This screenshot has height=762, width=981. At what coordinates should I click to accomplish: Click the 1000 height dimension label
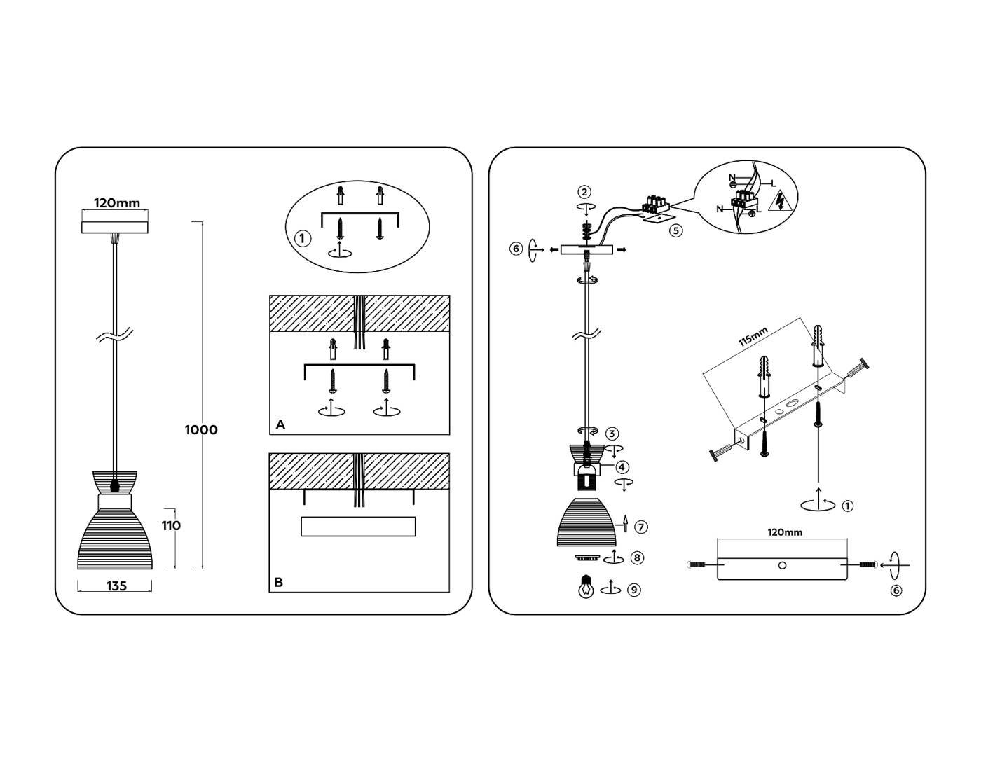click(x=201, y=430)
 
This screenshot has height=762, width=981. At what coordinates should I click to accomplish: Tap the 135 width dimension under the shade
click(x=116, y=586)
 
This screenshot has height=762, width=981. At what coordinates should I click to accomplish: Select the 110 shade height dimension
click(x=171, y=525)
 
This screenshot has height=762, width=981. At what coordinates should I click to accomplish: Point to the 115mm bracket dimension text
click(x=753, y=337)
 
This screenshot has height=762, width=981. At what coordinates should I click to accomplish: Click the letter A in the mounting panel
click(x=280, y=424)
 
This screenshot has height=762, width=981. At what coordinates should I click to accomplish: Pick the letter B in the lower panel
click(x=279, y=583)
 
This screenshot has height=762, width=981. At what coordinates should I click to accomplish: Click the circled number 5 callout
click(x=675, y=230)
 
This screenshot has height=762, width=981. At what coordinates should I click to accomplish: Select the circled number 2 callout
click(x=584, y=192)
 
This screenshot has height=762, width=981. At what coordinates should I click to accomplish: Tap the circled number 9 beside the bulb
click(x=634, y=590)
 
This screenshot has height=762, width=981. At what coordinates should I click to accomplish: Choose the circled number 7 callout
click(x=641, y=527)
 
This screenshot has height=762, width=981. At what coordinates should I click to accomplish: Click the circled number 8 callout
click(x=637, y=558)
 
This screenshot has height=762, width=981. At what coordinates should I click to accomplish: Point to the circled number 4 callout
click(x=622, y=467)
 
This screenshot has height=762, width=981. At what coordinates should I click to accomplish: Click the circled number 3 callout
click(x=612, y=434)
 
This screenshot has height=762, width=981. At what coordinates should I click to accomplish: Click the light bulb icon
click(x=586, y=587)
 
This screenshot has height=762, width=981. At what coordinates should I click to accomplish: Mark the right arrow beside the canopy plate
click(x=621, y=249)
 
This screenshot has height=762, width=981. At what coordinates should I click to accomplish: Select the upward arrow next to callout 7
click(x=625, y=523)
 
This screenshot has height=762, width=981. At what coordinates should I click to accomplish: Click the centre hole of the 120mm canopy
click(x=783, y=565)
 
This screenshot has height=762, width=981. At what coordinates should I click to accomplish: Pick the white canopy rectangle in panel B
click(x=358, y=527)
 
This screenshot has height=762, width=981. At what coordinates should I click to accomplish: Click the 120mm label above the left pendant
click(x=117, y=203)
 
